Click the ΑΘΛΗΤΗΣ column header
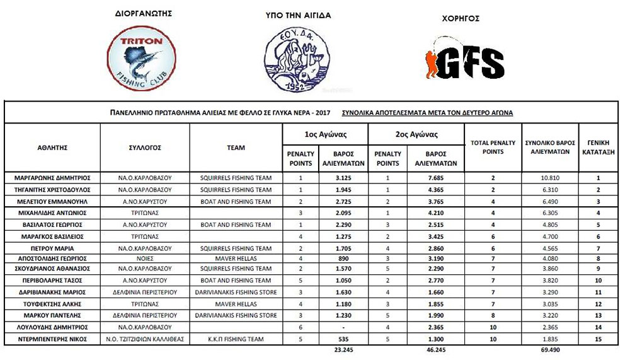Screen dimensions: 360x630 point(52,148)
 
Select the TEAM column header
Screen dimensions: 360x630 point(236,148)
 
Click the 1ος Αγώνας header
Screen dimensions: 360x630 point(325,134)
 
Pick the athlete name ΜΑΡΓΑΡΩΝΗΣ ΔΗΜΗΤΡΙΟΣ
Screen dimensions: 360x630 point(52,178)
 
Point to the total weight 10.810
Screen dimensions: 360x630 point(547,178)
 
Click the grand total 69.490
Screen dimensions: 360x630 point(547,349)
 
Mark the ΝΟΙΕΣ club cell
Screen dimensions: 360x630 point(145,258)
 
